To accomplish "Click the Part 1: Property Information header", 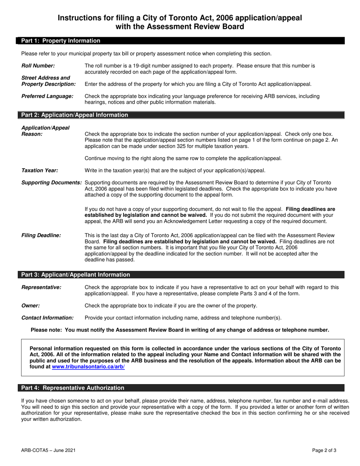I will click(61, 41).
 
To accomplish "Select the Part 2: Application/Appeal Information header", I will click(75, 115).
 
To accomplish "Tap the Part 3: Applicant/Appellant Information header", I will click(75, 275).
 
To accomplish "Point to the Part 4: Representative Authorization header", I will click(72, 388).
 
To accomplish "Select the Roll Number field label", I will click(38, 66).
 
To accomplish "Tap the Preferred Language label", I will click(47, 96).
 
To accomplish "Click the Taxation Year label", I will click(40, 170).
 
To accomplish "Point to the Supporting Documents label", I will click(52, 183).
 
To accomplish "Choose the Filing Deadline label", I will click(41, 235).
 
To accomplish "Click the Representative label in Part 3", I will click(41, 287).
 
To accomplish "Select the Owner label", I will click(31, 305).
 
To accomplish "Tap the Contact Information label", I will click(47, 318).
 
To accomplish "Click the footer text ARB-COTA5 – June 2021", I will click(48, 450).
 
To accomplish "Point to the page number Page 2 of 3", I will click(324, 450).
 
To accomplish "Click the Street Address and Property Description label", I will click(49, 81).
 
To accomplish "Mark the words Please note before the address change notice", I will click(46, 330).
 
